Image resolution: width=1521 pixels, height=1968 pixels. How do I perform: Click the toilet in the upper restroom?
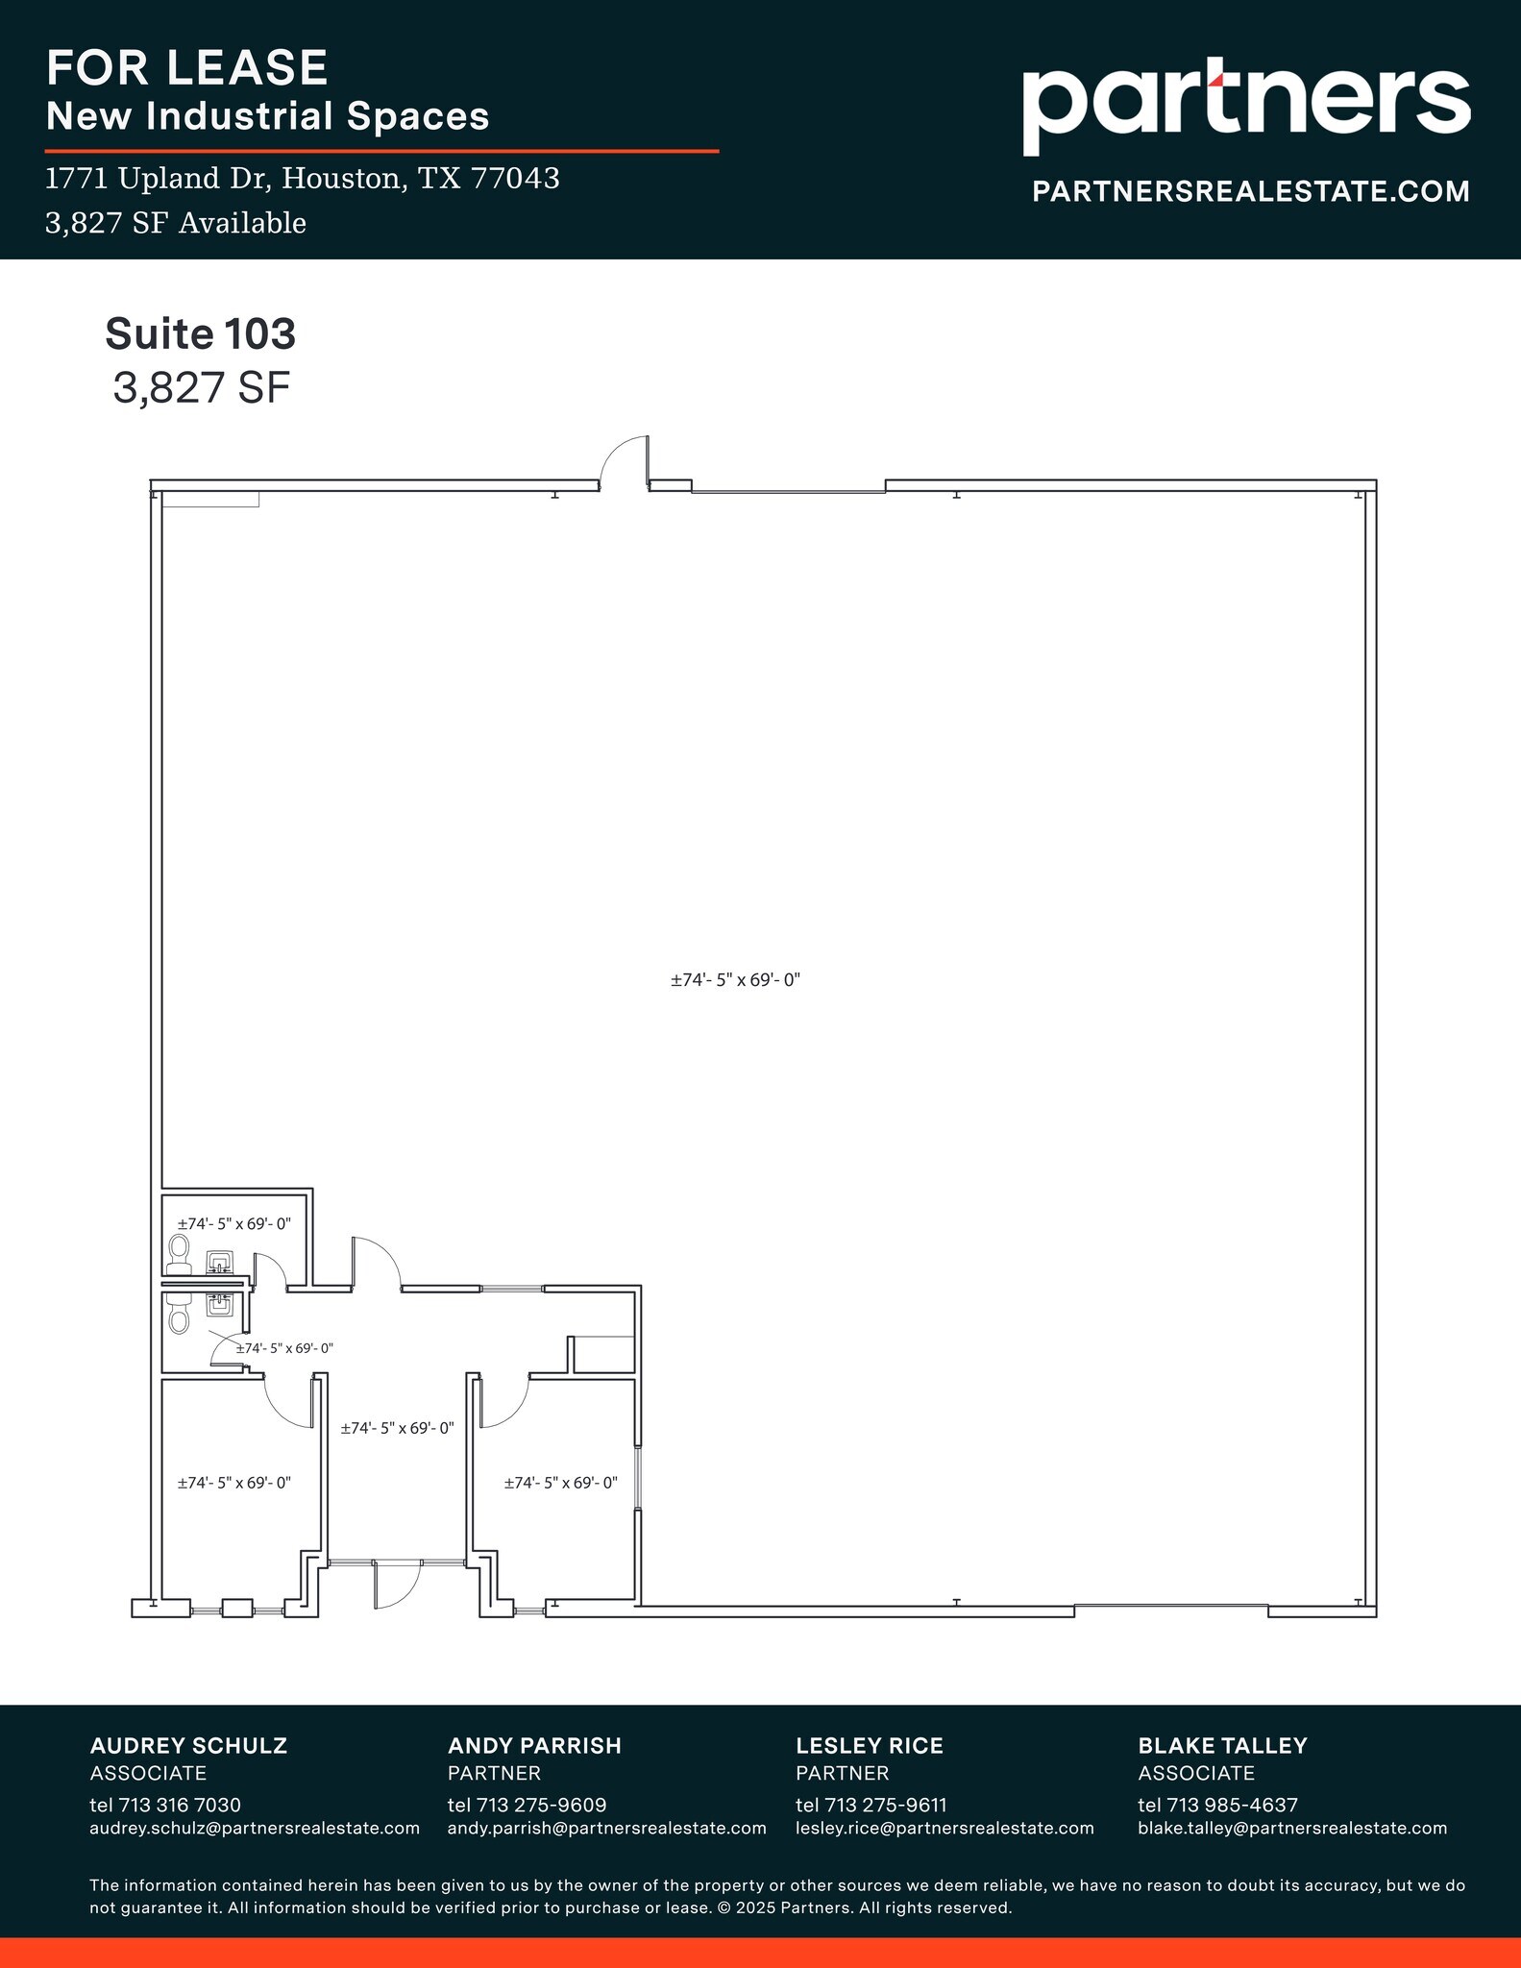point(179,1249)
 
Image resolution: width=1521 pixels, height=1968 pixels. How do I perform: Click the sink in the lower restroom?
point(220,1304)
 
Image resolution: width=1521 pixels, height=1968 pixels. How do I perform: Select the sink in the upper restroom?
point(220,1262)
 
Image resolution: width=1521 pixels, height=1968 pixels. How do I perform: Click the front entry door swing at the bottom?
point(396,1584)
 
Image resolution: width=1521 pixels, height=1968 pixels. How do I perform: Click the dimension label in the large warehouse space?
point(735,980)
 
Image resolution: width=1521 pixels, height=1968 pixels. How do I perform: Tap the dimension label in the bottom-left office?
point(233,1483)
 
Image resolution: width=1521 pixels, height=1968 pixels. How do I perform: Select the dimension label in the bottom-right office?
point(560,1483)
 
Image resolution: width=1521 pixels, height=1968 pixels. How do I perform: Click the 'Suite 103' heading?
point(200,333)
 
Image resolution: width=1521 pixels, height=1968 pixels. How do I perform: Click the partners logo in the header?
point(1245,106)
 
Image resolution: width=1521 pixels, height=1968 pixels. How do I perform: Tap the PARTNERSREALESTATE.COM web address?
point(1250,191)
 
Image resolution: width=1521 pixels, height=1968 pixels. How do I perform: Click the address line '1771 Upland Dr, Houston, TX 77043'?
point(302,179)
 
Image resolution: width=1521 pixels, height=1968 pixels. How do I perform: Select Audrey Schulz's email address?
point(255,1828)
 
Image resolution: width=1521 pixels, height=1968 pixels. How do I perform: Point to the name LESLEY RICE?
point(869,1745)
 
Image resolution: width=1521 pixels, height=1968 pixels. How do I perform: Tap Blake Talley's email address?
point(1291,1828)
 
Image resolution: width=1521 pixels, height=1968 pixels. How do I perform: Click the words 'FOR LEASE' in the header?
point(187,67)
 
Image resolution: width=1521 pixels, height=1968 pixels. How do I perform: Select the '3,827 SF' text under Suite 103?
point(201,388)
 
